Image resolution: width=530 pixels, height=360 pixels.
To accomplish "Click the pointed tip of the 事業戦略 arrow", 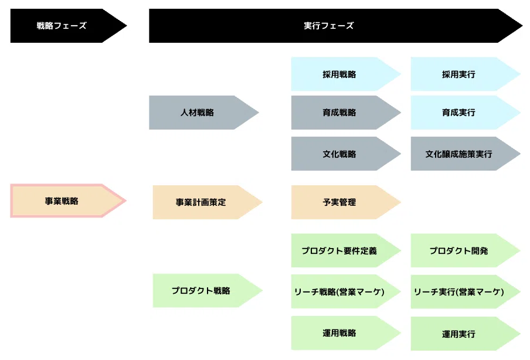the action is coord(126,201).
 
